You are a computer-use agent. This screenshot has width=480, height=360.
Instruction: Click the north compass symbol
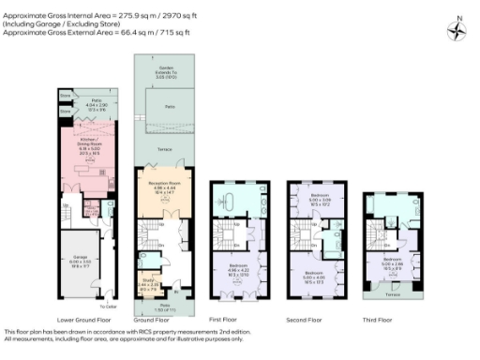(457, 29)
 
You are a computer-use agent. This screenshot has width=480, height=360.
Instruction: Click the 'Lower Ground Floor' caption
(75, 319)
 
